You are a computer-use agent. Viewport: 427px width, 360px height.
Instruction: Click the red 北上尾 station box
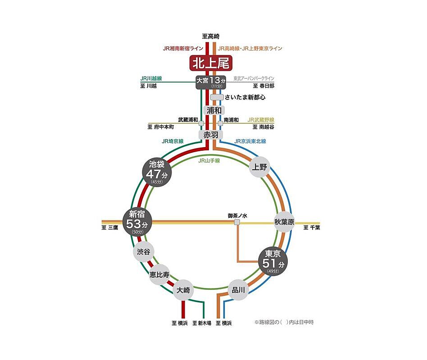(211, 63)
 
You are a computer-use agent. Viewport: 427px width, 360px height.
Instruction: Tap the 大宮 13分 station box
(211, 82)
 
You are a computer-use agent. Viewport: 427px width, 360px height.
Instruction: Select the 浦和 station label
(214, 110)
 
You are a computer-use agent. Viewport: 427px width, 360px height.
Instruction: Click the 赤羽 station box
(211, 135)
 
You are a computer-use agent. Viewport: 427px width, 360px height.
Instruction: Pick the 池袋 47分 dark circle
(157, 172)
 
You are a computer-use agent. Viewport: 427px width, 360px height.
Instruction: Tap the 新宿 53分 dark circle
(137, 222)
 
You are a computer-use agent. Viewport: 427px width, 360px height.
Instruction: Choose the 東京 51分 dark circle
(273, 261)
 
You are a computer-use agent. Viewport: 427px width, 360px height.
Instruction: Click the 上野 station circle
(259, 167)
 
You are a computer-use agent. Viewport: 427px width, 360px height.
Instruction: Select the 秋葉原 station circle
(284, 222)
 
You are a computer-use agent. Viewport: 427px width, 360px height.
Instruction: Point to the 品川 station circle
(238, 290)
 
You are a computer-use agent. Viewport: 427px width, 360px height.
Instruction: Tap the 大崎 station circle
(183, 290)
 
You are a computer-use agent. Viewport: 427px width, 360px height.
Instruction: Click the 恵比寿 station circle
(159, 274)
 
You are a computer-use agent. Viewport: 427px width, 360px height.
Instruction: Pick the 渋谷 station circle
(144, 252)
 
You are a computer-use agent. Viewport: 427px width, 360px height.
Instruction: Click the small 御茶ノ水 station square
(237, 222)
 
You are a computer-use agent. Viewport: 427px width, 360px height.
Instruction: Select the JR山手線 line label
(209, 161)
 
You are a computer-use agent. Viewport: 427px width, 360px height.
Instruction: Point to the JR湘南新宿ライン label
(183, 49)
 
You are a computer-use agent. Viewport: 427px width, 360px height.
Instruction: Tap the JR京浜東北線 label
(250, 141)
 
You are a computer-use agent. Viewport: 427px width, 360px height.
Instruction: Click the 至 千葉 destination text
(312, 228)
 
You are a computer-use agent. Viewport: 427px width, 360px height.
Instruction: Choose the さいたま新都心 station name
(245, 97)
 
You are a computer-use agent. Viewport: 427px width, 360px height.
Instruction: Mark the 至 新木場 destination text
(202, 323)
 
